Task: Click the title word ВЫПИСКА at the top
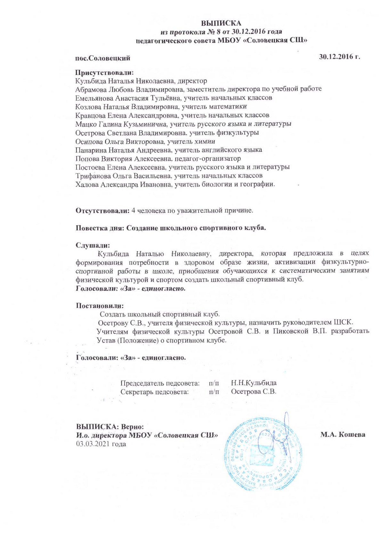tap(221, 23)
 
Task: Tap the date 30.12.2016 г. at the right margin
tap(339, 57)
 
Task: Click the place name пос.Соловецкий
tap(102, 58)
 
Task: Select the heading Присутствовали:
tap(104, 73)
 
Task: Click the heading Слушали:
tap(93, 245)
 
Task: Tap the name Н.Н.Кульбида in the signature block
tap(254, 383)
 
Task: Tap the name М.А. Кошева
tap(343, 435)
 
